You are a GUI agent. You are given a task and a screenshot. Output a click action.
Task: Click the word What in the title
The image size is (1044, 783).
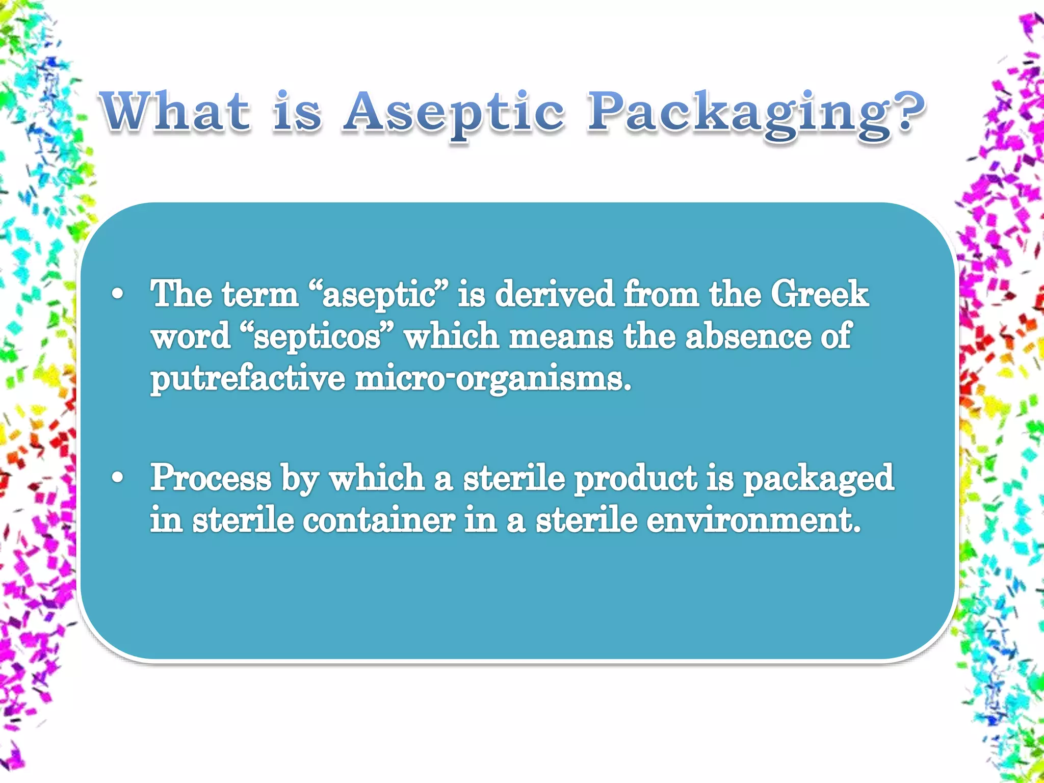coord(176,111)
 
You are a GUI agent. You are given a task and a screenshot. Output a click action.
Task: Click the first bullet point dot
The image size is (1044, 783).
coord(118,295)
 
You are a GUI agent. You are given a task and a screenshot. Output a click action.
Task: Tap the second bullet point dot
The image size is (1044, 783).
coord(118,478)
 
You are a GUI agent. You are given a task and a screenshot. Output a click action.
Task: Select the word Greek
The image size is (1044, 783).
coord(819,294)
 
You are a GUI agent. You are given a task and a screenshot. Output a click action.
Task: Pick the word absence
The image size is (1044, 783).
coord(747,336)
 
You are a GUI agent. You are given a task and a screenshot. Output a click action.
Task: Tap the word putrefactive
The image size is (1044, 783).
coord(247,380)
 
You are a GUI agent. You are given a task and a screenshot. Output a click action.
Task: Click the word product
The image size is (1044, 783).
coord(635,479)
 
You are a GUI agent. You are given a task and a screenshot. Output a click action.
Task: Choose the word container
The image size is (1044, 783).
coord(379,521)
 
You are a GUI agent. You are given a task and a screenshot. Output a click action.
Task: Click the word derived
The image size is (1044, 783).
coord(555,294)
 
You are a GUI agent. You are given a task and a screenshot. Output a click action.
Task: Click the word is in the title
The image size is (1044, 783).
coord(297,112)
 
